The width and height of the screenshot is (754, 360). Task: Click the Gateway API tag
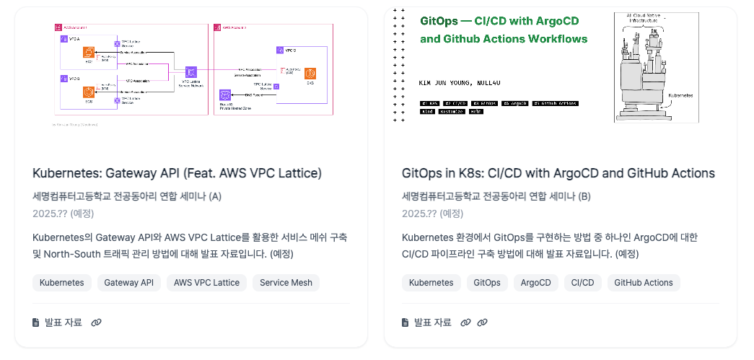pyautogui.click(x=129, y=283)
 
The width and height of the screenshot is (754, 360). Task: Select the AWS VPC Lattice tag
pyautogui.click(x=206, y=283)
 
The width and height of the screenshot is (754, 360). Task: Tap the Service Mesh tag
pyautogui.click(x=286, y=283)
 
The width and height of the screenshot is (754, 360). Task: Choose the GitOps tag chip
pyautogui.click(x=487, y=283)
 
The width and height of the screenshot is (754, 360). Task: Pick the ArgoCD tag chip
pyautogui.click(x=536, y=283)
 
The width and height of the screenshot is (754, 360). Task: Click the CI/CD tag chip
pyautogui.click(x=582, y=283)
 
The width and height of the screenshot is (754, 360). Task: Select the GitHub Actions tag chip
pyautogui.click(x=644, y=283)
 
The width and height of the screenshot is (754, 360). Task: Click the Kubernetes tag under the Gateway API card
pyautogui.click(x=62, y=283)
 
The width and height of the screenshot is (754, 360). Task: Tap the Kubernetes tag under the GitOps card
pyautogui.click(x=431, y=283)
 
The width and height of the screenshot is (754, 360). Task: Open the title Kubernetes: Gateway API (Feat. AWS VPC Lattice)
pyautogui.click(x=177, y=173)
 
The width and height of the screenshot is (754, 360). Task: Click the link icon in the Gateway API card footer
pyautogui.click(x=97, y=322)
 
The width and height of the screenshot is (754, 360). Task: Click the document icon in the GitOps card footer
pyautogui.click(x=406, y=322)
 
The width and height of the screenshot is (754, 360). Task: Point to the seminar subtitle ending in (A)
pyautogui.click(x=127, y=196)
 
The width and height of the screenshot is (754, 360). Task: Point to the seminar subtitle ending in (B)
pyautogui.click(x=496, y=196)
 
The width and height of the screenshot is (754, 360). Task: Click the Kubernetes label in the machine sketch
pyautogui.click(x=682, y=94)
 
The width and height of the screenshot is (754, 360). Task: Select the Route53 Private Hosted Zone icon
pyautogui.click(x=224, y=95)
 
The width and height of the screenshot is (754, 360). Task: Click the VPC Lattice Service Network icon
pyautogui.click(x=191, y=71)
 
